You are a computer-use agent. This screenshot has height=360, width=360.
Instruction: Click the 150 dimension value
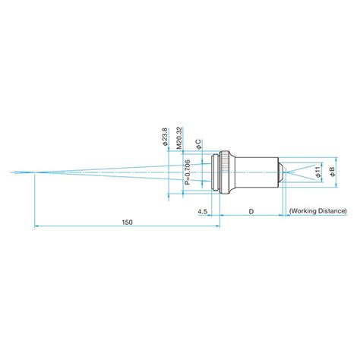click(127, 222)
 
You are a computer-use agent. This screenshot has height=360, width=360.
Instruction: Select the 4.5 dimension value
click(203, 210)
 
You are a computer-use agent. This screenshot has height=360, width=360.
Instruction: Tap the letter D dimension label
click(251, 210)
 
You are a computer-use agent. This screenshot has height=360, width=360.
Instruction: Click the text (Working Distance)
click(318, 210)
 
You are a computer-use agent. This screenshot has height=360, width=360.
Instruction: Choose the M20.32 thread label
click(179, 137)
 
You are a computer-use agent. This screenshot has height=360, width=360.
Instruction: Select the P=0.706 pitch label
click(188, 174)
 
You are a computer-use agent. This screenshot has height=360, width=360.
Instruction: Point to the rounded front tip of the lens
click(281, 171)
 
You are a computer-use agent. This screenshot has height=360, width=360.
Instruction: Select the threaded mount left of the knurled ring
click(215, 171)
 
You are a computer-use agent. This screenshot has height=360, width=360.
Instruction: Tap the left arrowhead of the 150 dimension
click(37, 226)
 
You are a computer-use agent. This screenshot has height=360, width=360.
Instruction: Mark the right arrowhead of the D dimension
click(281, 214)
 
